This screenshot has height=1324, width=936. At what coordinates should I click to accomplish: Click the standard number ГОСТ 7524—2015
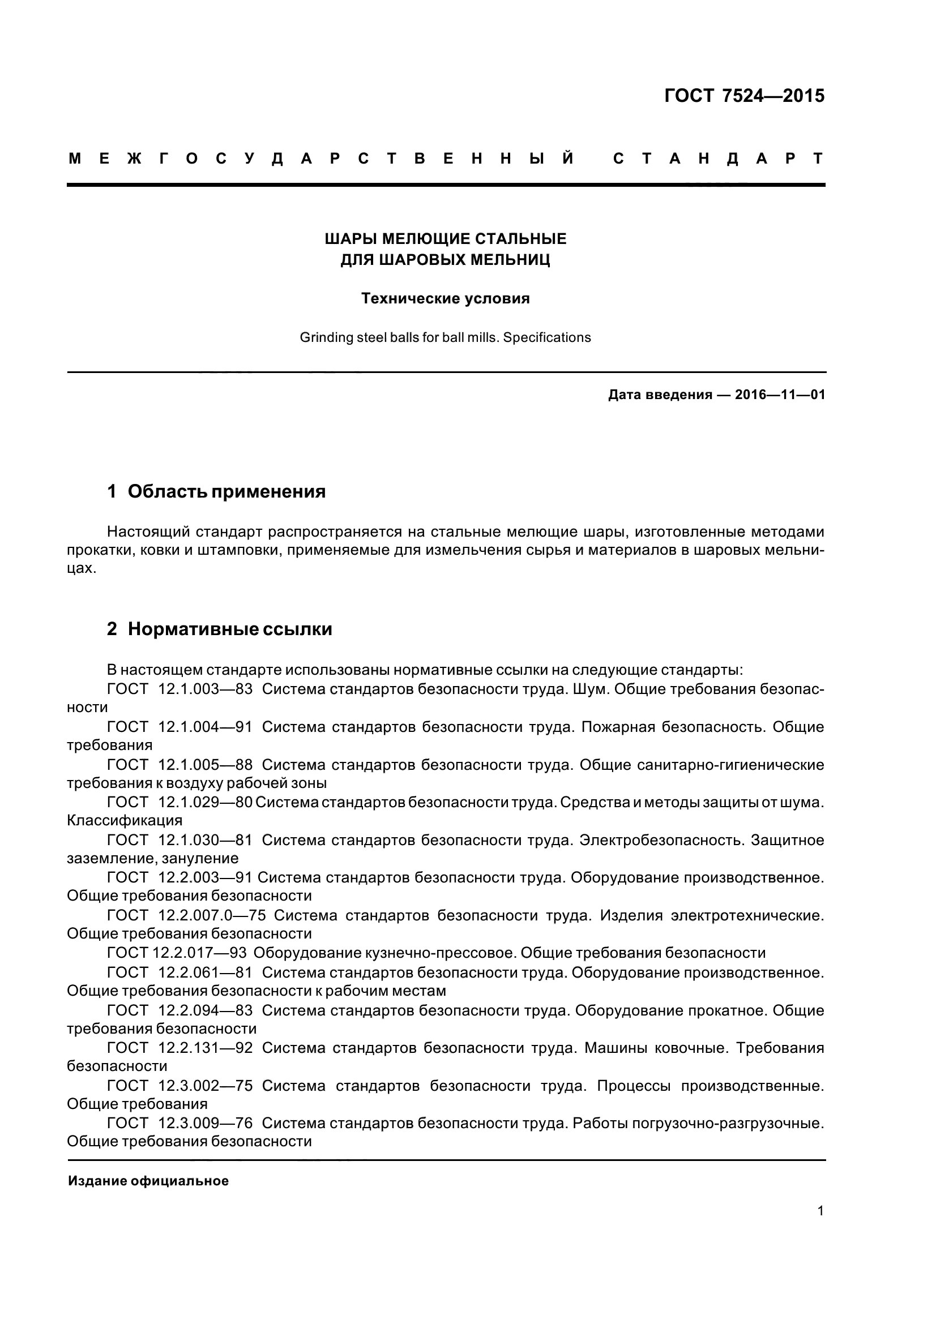tap(744, 96)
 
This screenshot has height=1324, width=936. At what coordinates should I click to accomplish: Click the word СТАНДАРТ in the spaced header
tap(718, 158)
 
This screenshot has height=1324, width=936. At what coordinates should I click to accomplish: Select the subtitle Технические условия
tap(445, 299)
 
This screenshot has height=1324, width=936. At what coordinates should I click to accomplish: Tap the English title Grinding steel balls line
tap(445, 337)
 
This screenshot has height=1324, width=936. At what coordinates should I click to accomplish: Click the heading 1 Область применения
tap(216, 492)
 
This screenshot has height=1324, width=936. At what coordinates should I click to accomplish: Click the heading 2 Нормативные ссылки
tap(219, 629)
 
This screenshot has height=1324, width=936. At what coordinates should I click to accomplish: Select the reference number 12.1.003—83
tap(206, 689)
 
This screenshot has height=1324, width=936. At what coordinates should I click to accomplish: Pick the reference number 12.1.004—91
tap(206, 727)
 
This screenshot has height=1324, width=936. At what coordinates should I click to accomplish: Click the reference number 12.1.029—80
tap(206, 802)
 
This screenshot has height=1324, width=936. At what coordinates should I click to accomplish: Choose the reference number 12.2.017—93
tap(199, 953)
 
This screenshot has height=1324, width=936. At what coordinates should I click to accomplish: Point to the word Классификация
tap(125, 821)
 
